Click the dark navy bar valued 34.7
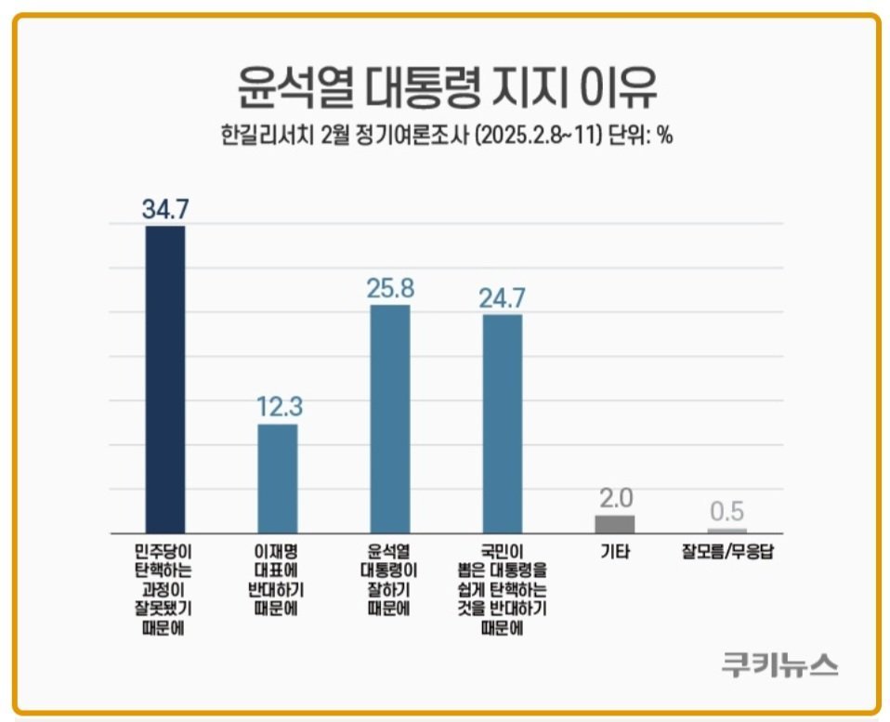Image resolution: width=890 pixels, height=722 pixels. pos(165,377)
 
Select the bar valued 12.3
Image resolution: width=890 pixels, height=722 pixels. pos(277,477)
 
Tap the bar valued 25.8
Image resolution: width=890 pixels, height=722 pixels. pos(390,417)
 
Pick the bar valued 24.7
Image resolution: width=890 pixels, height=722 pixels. pos(502,422)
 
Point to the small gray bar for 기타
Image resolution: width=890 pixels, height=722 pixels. pos(614,522)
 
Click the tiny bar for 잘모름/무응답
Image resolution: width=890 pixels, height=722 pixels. pos(726,530)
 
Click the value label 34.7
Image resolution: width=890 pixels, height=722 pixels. pos(165,209)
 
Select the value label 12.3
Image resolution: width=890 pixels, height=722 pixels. pos(277,406)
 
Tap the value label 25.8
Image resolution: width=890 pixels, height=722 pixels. pos(390,288)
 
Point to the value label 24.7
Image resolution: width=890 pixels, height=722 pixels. pos(502,297)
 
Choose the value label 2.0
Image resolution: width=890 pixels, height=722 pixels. pos(614,498)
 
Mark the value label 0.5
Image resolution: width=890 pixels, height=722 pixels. pos(726,512)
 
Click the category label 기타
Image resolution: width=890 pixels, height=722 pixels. pos(614,552)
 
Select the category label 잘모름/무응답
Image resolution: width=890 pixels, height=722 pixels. pos(726,552)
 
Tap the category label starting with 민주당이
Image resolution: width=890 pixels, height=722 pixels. pos(165,590)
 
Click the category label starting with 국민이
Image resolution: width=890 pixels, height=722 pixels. pos(502,590)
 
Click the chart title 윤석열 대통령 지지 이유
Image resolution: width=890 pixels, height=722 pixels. pos(445,89)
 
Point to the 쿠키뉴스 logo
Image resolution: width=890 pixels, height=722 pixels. pos(779,663)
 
